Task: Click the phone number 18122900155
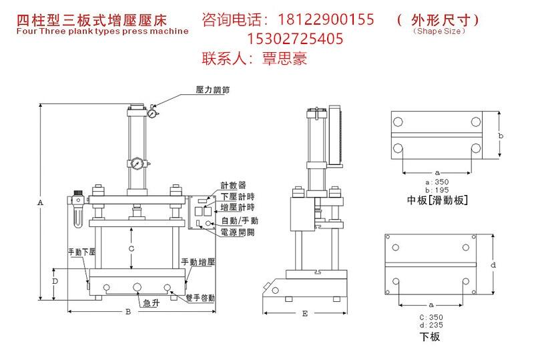click(326, 19)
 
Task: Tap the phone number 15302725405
click(295, 39)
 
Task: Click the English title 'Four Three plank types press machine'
click(103, 31)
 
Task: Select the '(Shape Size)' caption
click(439, 31)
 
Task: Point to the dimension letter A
click(40, 202)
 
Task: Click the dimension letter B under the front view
click(128, 312)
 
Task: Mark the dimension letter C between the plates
click(131, 248)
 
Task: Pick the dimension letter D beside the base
click(55, 281)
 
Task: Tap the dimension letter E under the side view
click(305, 313)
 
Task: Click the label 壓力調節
click(212, 89)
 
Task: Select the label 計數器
click(233, 186)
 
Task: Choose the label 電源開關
click(238, 232)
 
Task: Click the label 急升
click(152, 303)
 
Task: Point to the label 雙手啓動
click(200, 298)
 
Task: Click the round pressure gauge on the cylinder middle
click(138, 163)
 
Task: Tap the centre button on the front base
click(137, 287)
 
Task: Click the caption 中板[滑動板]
click(437, 200)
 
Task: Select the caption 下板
click(430, 337)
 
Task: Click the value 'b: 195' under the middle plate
click(437, 190)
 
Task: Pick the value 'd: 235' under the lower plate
click(431, 325)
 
